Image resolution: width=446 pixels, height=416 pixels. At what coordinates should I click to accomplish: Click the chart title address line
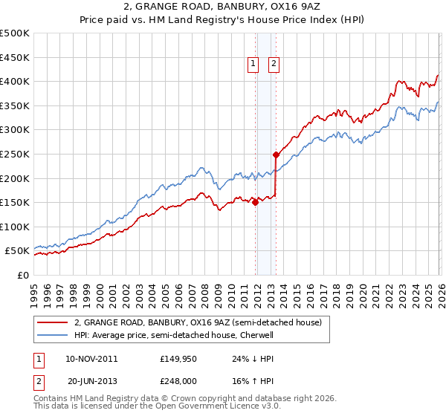[x=222, y=7]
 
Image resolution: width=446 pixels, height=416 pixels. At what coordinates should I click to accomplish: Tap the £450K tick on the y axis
[x=15, y=57]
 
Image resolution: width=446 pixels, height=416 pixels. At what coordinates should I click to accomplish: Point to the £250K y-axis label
[x=15, y=154]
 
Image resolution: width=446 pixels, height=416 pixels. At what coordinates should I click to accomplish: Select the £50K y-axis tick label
[x=18, y=251]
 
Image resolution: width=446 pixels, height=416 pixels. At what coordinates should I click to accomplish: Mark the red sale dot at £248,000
[x=276, y=155]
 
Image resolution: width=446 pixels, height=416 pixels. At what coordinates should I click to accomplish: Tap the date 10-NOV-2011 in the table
[x=91, y=358]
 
